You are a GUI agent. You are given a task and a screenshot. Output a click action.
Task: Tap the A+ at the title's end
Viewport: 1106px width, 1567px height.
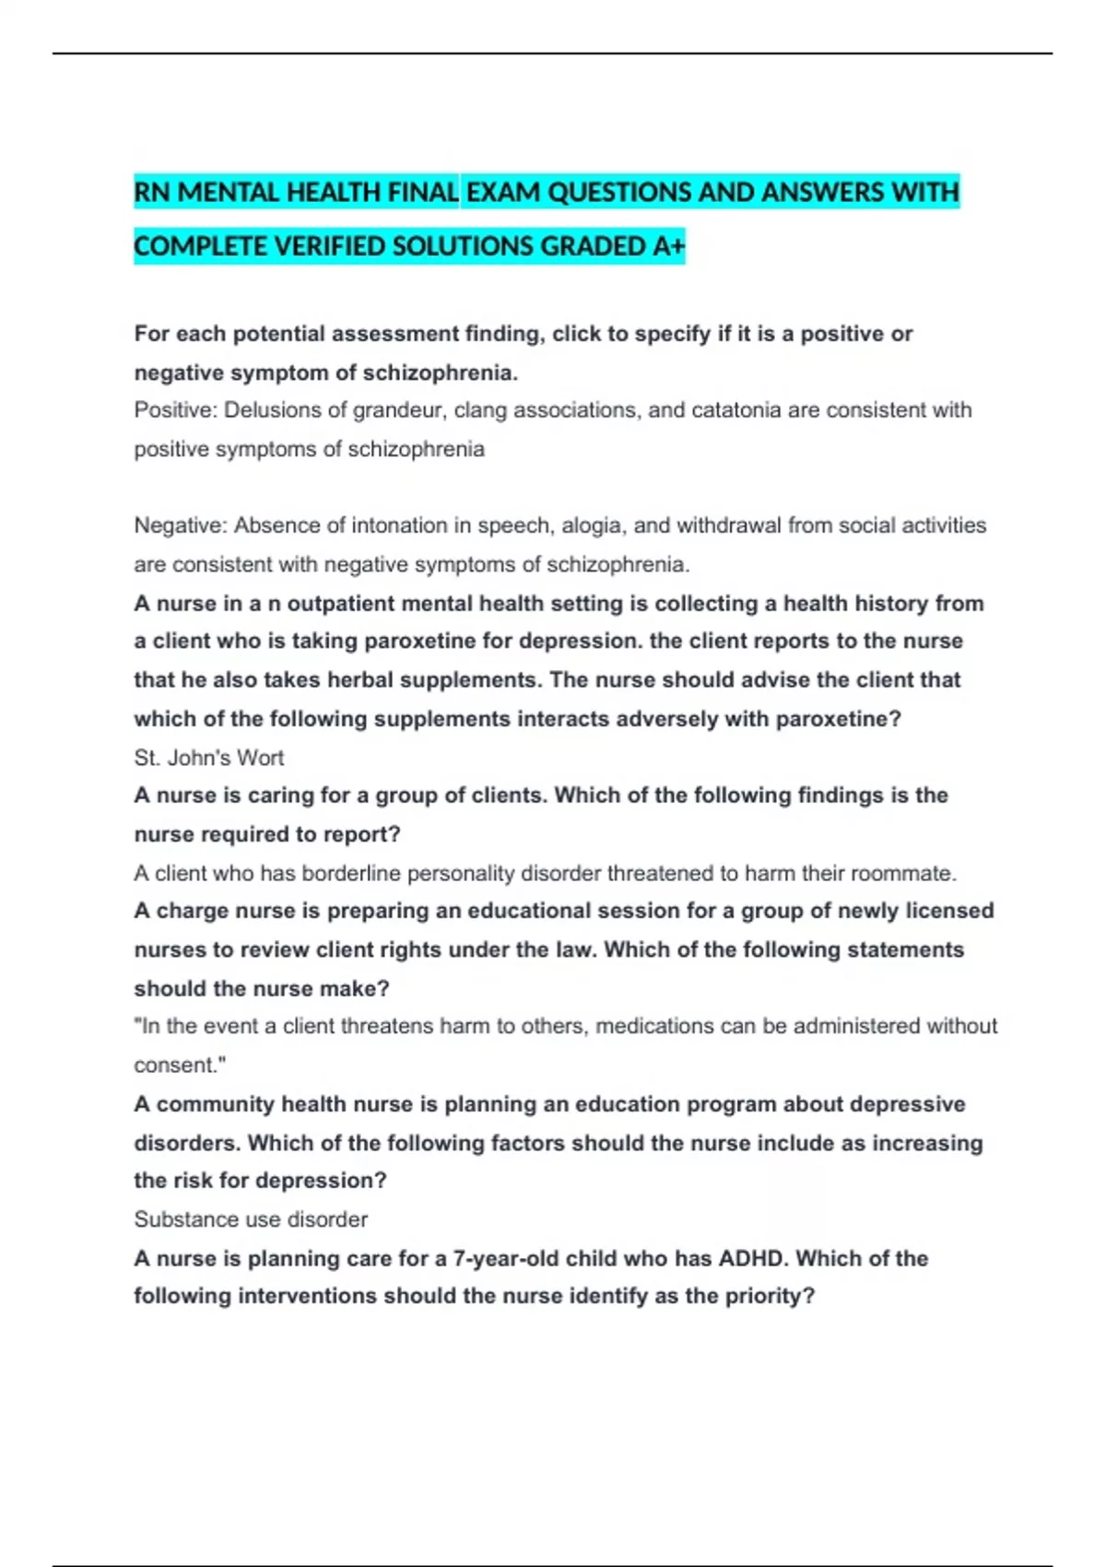click(669, 247)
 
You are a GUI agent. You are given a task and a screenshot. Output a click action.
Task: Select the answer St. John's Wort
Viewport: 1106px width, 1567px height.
click(209, 758)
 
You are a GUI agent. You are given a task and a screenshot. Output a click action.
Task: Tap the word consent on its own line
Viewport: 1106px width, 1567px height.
click(177, 1066)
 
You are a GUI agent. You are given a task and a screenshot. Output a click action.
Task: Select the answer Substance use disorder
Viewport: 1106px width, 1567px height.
click(251, 1219)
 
